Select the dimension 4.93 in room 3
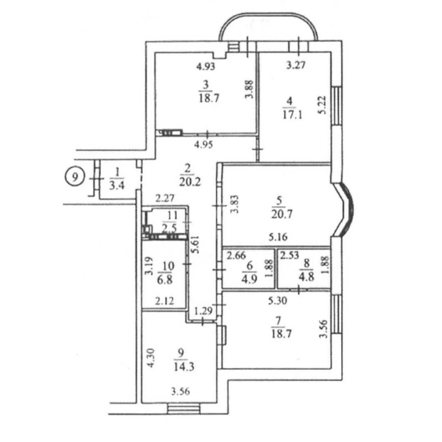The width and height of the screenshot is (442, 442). pyautogui.click(x=206, y=67)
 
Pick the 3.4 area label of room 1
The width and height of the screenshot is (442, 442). pyautogui.click(x=117, y=185)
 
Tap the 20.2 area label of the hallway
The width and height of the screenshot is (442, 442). pyautogui.click(x=190, y=182)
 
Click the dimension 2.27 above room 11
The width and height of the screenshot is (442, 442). pyautogui.click(x=165, y=198)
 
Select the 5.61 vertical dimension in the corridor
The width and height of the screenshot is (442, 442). pyautogui.click(x=196, y=245)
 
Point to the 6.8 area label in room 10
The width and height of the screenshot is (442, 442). pyautogui.click(x=165, y=280)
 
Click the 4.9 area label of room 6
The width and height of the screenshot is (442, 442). pyautogui.click(x=249, y=279)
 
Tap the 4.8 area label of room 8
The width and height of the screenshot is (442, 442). pyautogui.click(x=306, y=277)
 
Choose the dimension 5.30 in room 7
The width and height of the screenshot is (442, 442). pyautogui.click(x=278, y=301)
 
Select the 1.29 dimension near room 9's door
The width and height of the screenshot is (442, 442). pyautogui.click(x=204, y=311)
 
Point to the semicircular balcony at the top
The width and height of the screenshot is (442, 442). pyautogui.click(x=269, y=27)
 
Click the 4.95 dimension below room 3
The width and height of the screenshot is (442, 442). pyautogui.click(x=204, y=144)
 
